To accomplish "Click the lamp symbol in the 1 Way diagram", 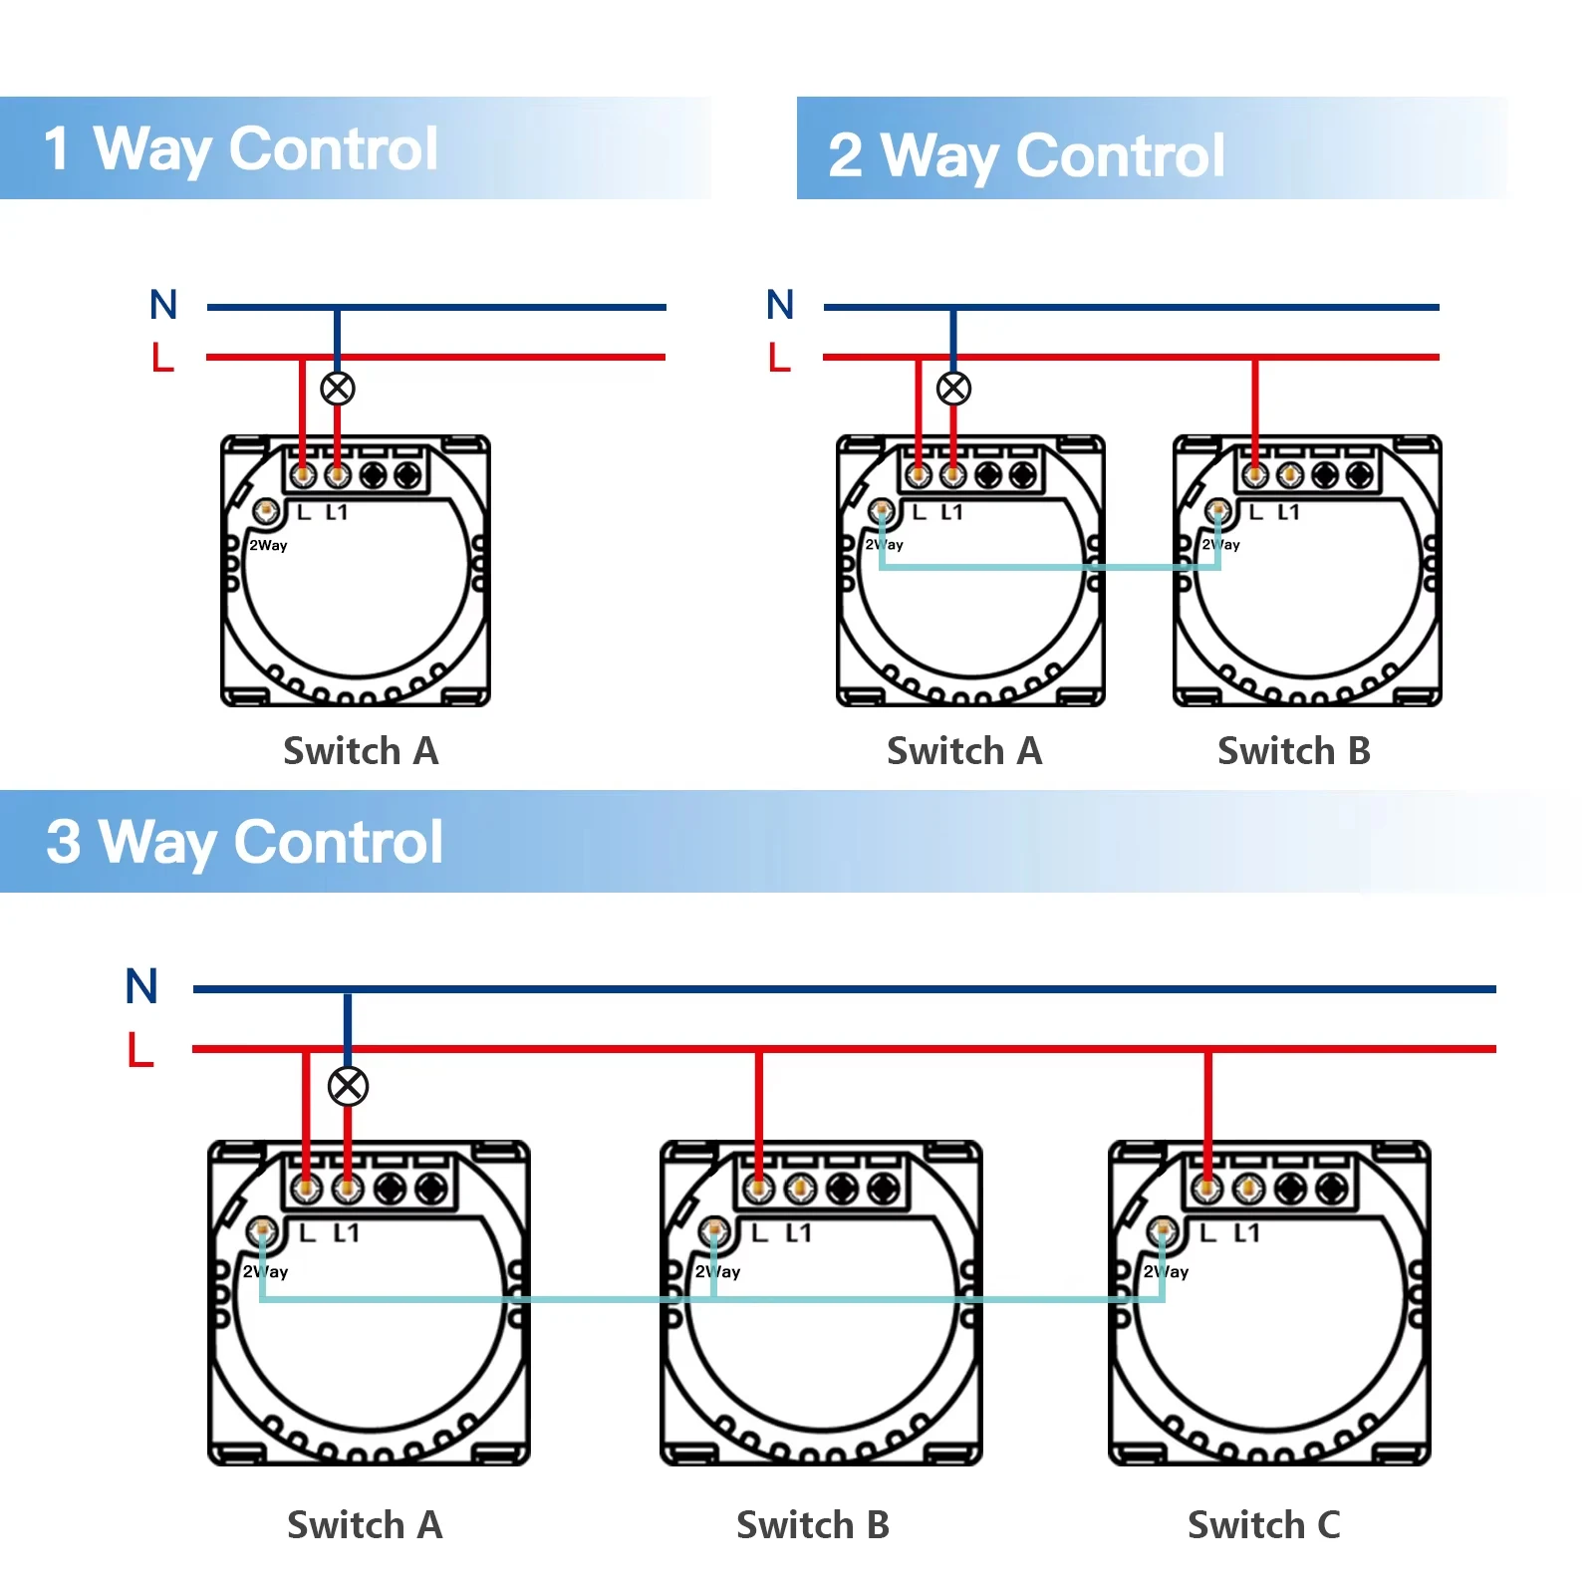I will [338, 389].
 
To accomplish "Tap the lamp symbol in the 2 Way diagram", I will [953, 389].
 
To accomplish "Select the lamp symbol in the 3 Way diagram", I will [348, 1086].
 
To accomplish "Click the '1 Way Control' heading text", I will [241, 149].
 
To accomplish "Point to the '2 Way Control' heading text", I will [1026, 156].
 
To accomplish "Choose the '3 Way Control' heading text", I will [245, 843].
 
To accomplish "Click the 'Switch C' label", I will [1263, 1524].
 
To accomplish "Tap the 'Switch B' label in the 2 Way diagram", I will [1293, 751].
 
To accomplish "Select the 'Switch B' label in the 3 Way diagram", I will [812, 1524].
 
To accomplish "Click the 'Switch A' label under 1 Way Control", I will [361, 751].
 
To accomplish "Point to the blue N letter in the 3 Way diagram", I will [141, 986].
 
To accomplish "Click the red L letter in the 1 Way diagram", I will [162, 357].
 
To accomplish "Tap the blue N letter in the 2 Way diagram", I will [780, 305].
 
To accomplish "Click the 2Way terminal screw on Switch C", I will [1161, 1231].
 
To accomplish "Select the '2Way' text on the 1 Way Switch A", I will [268, 545].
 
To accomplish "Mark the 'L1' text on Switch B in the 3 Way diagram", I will [799, 1233].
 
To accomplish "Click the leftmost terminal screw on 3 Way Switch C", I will [1206, 1188].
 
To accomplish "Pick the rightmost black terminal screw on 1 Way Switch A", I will [406, 475].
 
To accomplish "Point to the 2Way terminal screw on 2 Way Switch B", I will [1217, 511].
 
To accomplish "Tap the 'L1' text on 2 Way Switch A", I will [951, 512].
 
